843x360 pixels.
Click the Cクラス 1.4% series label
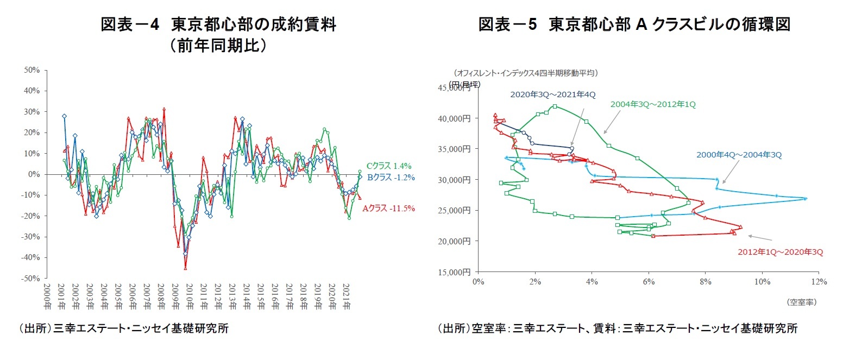point(389,166)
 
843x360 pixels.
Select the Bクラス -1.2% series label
point(391,177)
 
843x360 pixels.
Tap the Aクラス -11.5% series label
point(388,208)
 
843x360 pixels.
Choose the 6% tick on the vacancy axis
point(648,281)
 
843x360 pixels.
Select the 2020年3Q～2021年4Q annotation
point(552,94)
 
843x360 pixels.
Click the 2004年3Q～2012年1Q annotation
point(653,104)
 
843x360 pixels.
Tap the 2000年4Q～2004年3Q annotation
point(739,155)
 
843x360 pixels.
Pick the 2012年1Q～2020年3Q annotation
point(780,252)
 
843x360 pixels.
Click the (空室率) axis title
point(801,302)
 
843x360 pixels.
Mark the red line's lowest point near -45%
point(185,268)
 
